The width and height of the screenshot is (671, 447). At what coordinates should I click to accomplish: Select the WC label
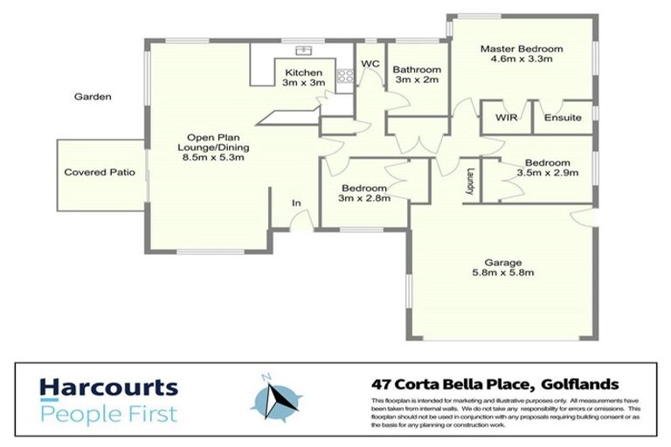[370, 64]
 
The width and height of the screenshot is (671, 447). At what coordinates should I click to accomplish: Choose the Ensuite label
[563, 118]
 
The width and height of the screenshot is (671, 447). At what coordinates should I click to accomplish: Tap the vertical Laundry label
[470, 183]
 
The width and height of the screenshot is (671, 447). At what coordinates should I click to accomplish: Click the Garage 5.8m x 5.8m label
[503, 267]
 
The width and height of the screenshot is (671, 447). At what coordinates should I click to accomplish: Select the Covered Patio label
[100, 173]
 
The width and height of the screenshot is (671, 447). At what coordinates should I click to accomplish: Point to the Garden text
[93, 97]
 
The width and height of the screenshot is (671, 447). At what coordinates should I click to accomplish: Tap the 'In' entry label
[296, 203]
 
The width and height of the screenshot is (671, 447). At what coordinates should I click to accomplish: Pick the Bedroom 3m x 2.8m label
[365, 193]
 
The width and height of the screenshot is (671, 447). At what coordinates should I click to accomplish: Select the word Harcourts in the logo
[108, 387]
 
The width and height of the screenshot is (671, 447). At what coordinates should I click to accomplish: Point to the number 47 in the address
[381, 384]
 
